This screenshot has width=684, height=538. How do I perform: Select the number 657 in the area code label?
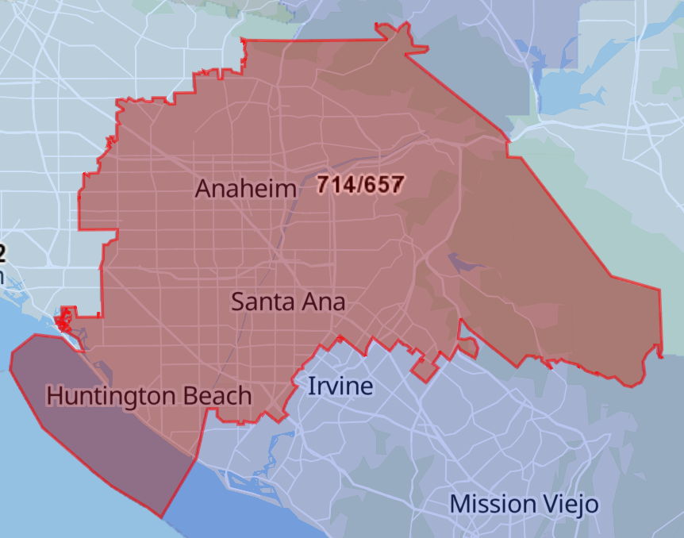coord(384,185)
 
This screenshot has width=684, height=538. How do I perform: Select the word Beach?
coord(223,395)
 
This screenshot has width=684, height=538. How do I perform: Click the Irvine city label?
coord(340,386)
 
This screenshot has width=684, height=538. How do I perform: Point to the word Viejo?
coord(570,505)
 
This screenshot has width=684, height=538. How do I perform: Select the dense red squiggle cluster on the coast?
coord(63,321)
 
